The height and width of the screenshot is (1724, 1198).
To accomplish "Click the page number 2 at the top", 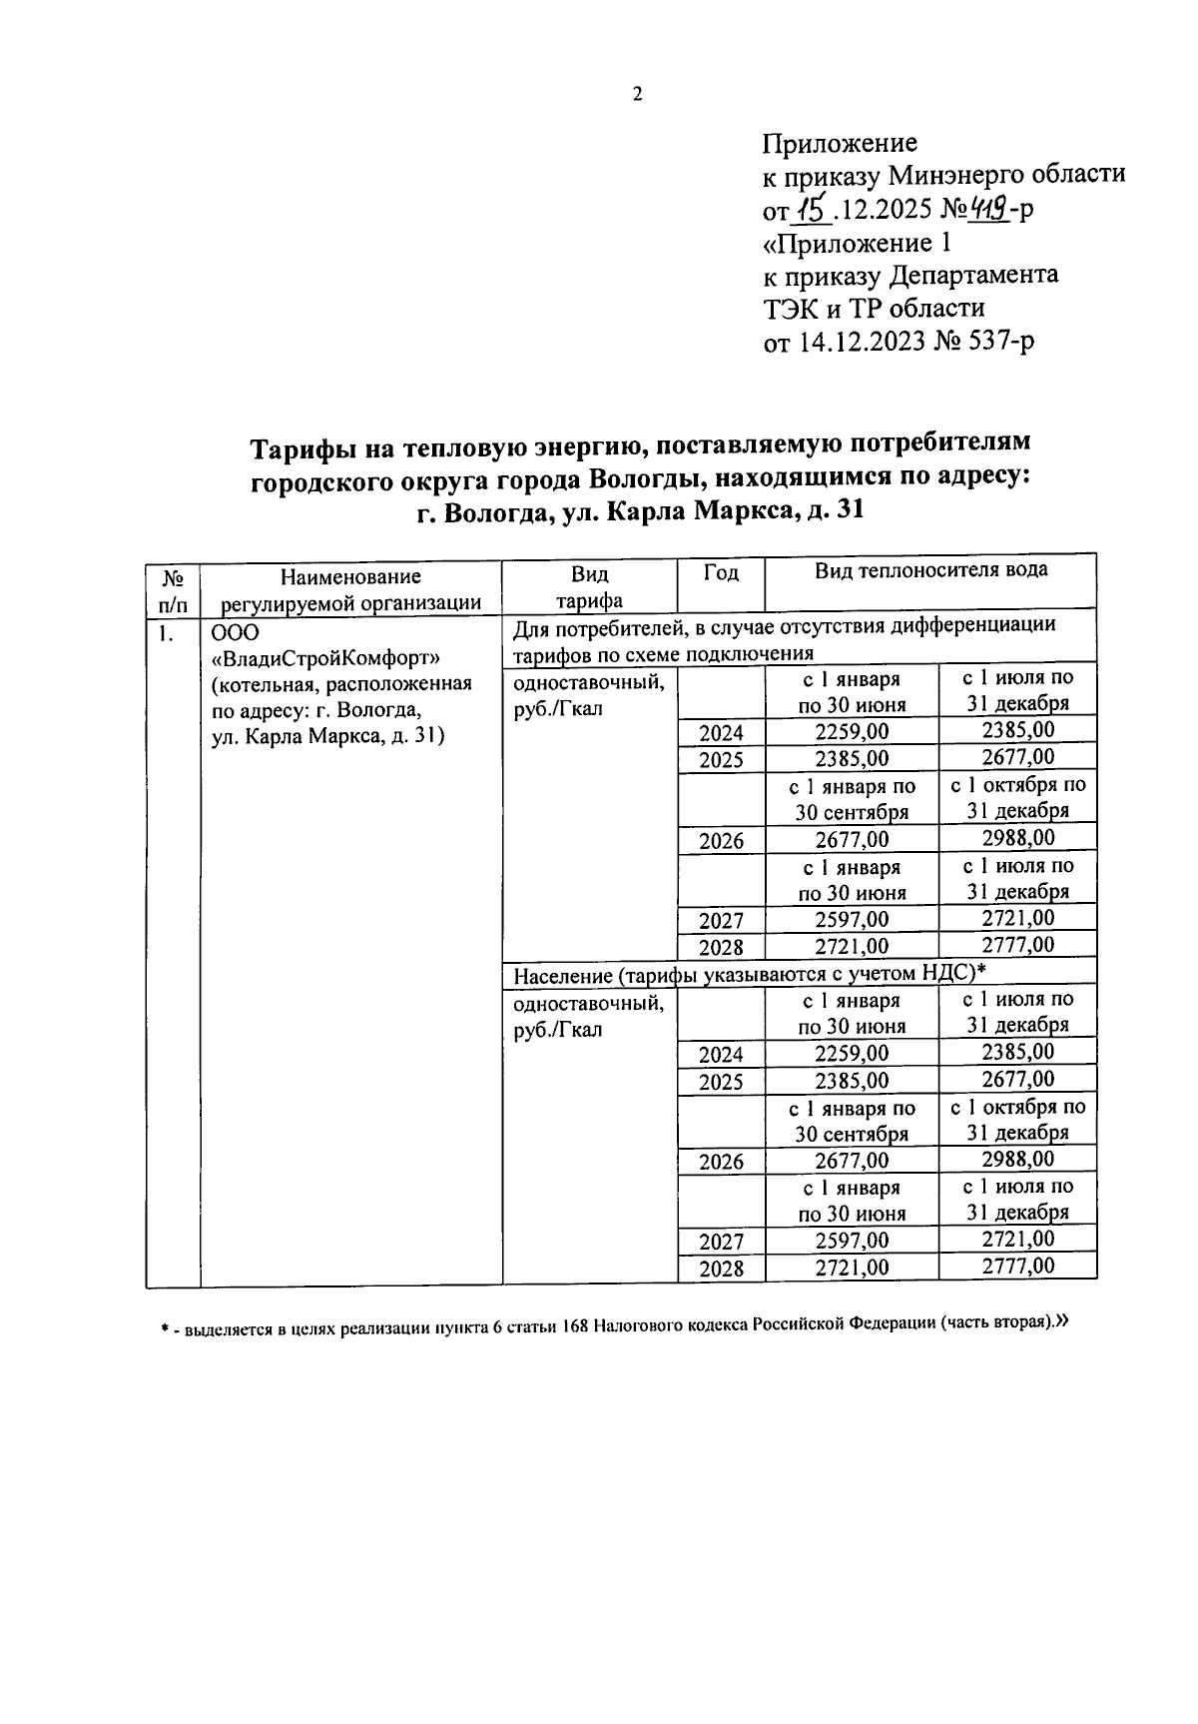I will pos(637,95).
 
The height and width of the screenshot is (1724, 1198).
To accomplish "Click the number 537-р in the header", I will pos(998,343).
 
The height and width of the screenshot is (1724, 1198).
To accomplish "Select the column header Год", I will pos(721,572).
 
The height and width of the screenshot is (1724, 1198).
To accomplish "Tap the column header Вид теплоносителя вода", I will pos(930,570).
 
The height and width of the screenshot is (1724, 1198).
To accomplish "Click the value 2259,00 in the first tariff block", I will pos(851,732).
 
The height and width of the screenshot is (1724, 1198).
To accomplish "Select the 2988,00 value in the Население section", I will pos(1017,1159).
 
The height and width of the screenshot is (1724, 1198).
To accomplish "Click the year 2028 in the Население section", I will pos(721,1269).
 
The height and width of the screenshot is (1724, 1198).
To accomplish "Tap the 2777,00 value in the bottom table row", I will pos(1017,1267).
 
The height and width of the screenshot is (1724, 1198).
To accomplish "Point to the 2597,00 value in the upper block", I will pos(851,919).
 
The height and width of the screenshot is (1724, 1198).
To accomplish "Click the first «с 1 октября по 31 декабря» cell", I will pos(1017,797).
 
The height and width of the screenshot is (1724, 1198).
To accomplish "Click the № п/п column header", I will pos(173,589).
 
